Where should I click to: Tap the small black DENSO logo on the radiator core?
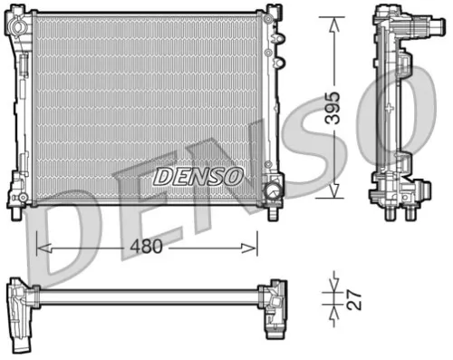click(198, 175)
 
